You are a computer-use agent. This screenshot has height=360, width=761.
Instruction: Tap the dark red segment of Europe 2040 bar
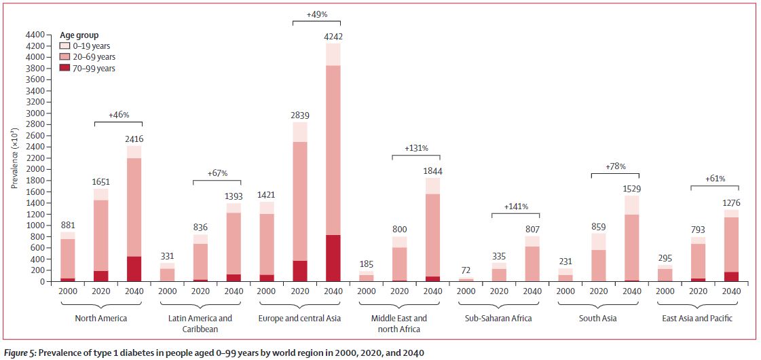[332, 258]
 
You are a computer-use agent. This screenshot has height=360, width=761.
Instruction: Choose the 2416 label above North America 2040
[134, 139]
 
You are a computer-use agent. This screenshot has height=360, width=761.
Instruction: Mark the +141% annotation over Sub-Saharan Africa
[515, 206]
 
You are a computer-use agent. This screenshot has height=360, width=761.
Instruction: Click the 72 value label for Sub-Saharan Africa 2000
[466, 270]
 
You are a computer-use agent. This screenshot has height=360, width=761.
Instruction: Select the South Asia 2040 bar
[631, 238]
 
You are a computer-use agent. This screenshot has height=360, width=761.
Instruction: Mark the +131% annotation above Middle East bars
[415, 148]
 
